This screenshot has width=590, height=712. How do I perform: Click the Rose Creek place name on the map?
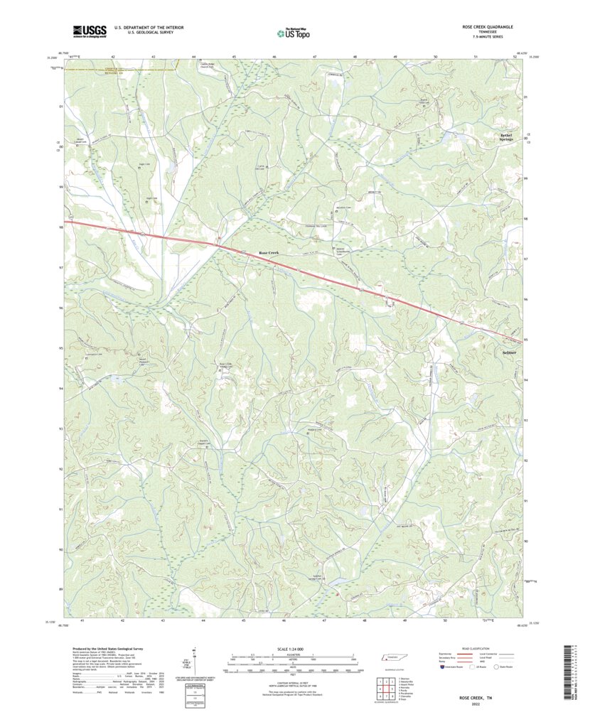pyautogui.click(x=271, y=253)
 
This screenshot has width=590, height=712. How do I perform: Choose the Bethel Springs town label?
pyautogui.click(x=525, y=136)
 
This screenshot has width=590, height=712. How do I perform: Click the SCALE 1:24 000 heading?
pyautogui.click(x=290, y=649)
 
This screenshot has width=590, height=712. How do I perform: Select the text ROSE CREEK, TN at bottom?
pyautogui.click(x=487, y=697)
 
